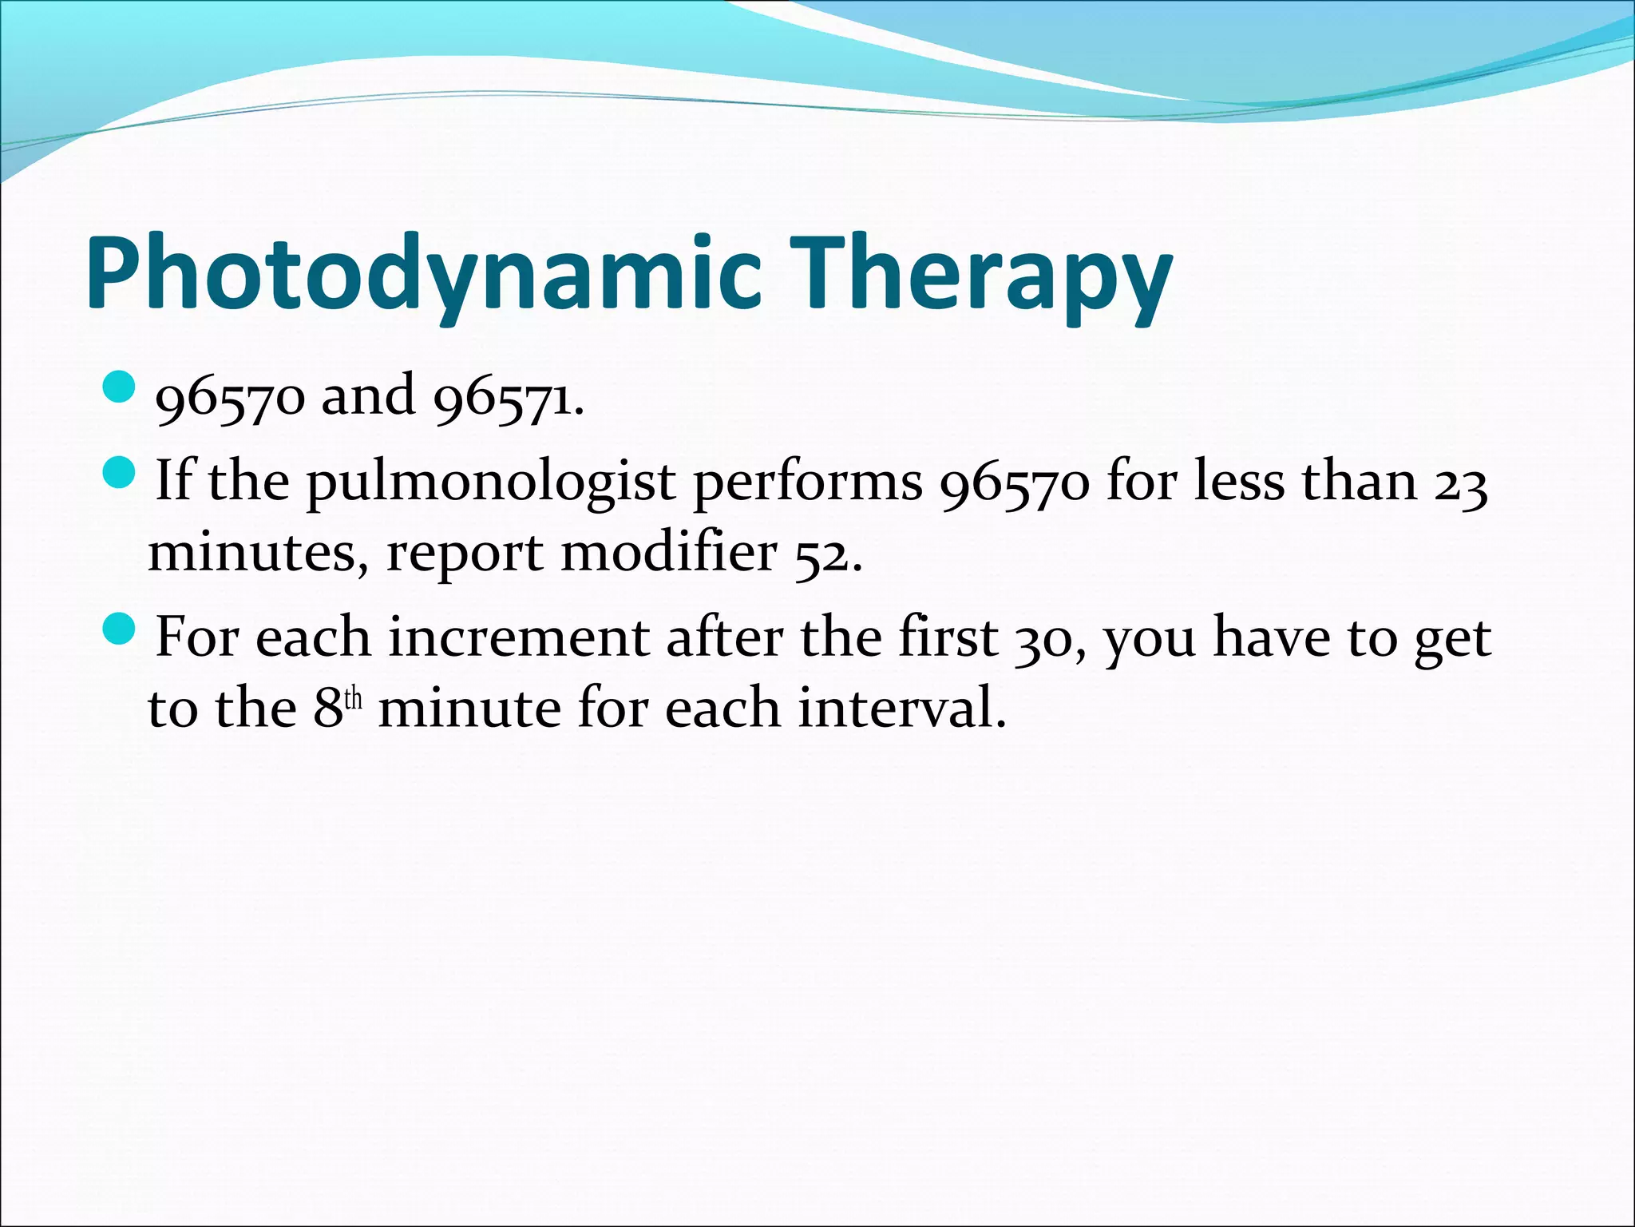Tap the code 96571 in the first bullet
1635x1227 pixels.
(506, 398)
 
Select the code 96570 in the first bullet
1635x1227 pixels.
(230, 398)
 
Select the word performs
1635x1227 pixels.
(808, 484)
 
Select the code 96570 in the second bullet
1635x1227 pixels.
(1014, 484)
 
